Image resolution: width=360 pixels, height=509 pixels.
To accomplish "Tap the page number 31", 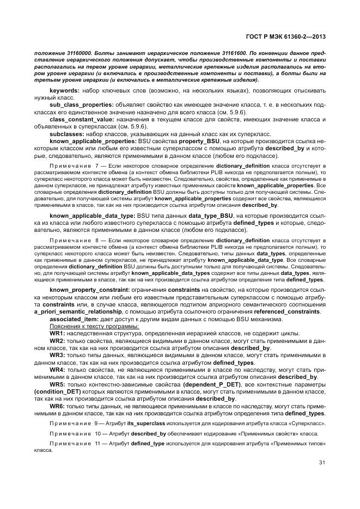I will point(322,463).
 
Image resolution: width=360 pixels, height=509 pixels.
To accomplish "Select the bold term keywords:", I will point(65,90).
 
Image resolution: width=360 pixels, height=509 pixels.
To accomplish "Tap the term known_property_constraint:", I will point(90,289).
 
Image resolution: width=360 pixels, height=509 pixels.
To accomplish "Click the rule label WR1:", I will point(58,332).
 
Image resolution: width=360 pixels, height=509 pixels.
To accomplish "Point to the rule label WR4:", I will point(58,369).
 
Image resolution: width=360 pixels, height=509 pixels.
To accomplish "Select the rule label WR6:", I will point(58,406).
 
